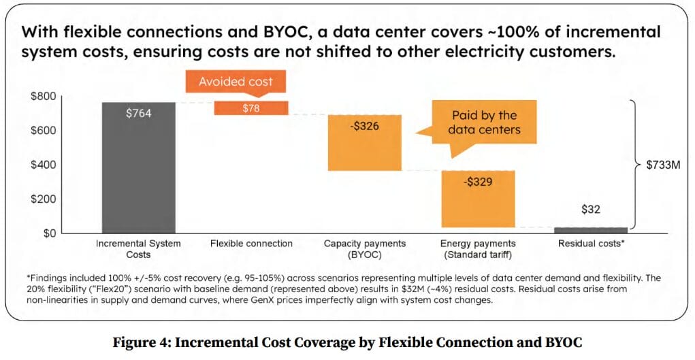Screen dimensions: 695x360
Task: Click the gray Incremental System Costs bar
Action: click(139, 167)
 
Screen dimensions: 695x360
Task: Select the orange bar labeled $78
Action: click(251, 108)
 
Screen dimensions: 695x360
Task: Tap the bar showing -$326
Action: click(364, 143)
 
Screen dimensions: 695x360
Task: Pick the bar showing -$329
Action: click(479, 199)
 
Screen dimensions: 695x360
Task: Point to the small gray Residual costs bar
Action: click(591, 230)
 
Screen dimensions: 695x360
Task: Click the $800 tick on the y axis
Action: click(43, 96)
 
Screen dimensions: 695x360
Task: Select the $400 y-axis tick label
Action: click(43, 165)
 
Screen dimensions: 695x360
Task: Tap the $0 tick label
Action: click(48, 233)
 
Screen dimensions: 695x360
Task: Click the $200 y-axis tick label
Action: click(43, 199)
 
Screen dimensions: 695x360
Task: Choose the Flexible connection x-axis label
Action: click(251, 244)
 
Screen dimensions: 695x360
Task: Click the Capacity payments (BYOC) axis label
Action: click(364, 248)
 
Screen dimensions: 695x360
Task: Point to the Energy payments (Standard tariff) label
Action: click(478, 248)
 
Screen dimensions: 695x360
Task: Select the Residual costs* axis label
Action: click(592, 244)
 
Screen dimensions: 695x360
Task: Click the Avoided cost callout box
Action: click(236, 82)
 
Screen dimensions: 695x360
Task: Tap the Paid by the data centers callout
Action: click(484, 123)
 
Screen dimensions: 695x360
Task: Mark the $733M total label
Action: click(663, 165)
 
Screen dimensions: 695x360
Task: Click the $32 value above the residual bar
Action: click(591, 209)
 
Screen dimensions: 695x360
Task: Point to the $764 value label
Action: click(139, 113)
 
